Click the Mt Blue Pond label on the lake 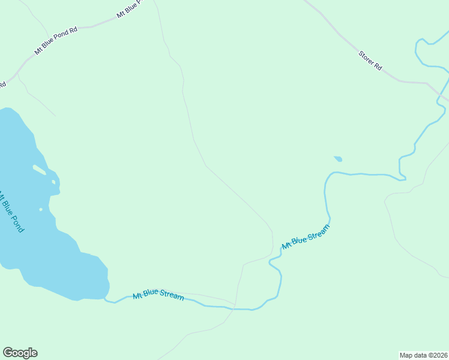tap(12, 212)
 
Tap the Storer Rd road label tap(370, 61)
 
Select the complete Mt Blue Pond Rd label tap(56, 41)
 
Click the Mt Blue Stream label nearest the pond tap(158, 295)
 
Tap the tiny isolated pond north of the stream tap(338, 159)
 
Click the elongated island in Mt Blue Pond tap(40, 170)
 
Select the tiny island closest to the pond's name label tap(40, 209)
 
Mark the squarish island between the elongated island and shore tap(54, 182)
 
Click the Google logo tap(20, 353)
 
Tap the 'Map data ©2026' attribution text tap(423, 355)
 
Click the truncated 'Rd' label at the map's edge tap(2, 85)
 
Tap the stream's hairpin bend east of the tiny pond tap(403, 178)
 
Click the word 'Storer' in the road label tap(366, 58)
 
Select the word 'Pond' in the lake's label tap(17, 222)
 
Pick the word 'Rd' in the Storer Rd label tap(378, 67)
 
